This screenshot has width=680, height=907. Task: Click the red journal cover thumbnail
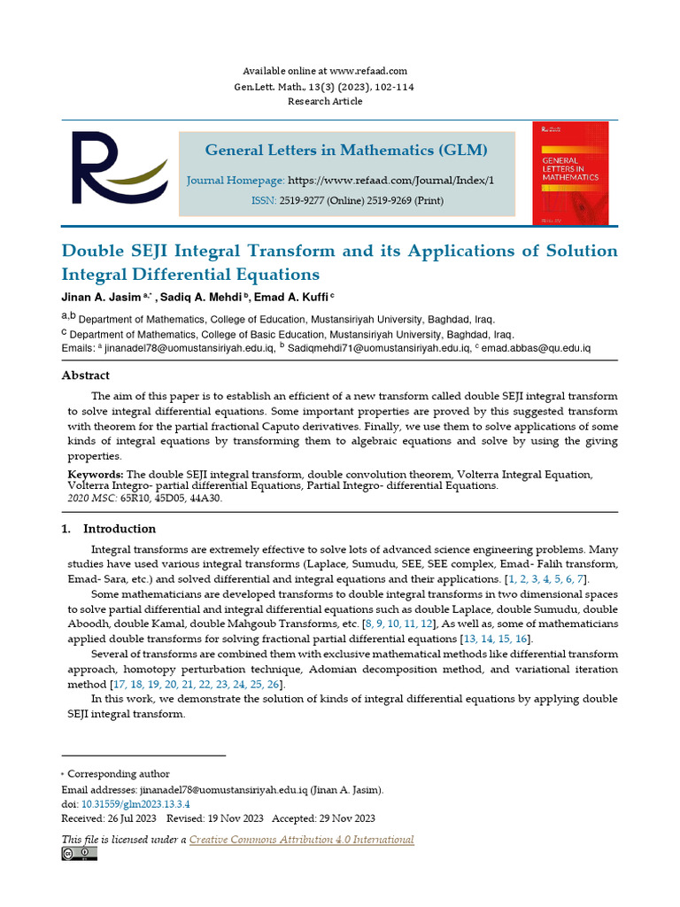pyautogui.click(x=570, y=172)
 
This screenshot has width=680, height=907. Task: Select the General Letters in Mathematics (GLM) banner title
pyautogui.click(x=346, y=150)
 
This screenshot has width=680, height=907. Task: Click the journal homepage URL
pyautogui.click(x=391, y=180)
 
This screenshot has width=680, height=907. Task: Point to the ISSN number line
pyautogui.click(x=346, y=201)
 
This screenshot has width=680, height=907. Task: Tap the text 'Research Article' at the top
pyautogui.click(x=325, y=101)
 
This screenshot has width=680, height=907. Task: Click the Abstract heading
pyautogui.click(x=86, y=376)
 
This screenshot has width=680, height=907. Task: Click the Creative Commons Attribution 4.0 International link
pyautogui.click(x=301, y=840)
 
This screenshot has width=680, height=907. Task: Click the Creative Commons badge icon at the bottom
pyautogui.click(x=79, y=853)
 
